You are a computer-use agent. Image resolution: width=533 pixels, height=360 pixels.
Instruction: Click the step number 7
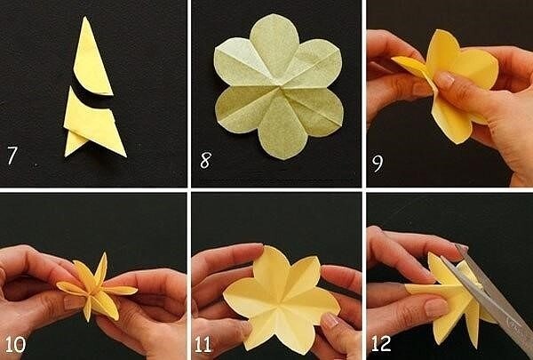[12, 156]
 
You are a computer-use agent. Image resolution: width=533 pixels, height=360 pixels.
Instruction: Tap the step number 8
[206, 160]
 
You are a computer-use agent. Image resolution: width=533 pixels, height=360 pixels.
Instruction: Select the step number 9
[378, 164]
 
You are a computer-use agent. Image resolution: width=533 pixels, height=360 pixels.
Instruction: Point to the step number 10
[15, 344]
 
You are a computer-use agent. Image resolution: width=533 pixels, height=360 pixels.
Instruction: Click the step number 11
[203, 344]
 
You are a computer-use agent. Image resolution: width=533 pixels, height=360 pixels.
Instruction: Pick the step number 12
[381, 344]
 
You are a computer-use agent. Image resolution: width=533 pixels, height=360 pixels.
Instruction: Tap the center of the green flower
[280, 89]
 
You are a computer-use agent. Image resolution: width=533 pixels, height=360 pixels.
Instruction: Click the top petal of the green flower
[274, 41]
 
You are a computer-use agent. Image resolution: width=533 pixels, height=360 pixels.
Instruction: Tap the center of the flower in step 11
[281, 300]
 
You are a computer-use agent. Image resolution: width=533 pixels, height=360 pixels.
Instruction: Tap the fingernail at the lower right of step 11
[329, 319]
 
